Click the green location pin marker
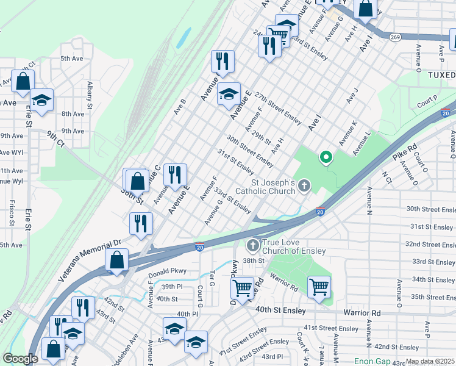click(x=326, y=158)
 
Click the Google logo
click(x=20, y=359)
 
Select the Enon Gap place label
click(x=374, y=361)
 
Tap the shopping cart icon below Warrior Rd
click(x=319, y=286)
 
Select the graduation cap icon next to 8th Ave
click(x=41, y=99)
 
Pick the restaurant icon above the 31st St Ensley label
click(x=175, y=174)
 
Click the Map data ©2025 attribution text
click(x=430, y=361)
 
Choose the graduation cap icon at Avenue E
click(x=229, y=94)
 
